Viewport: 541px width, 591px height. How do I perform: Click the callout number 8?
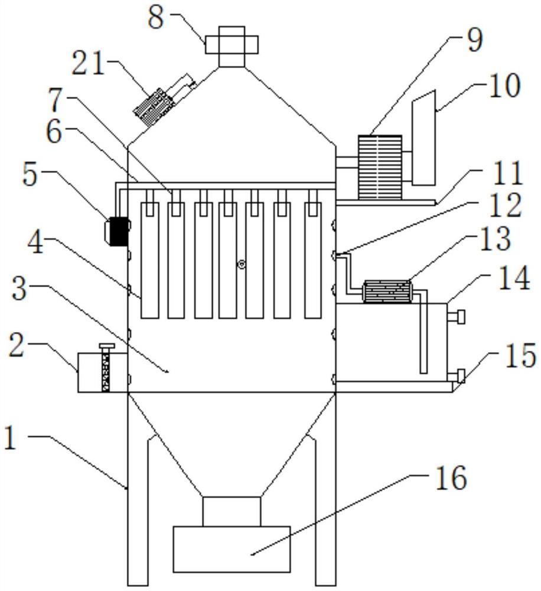pos(156,17)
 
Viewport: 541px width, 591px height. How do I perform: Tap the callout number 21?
pos(88,63)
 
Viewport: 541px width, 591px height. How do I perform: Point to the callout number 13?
pos(495,239)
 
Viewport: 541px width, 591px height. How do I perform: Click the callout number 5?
pos(30,176)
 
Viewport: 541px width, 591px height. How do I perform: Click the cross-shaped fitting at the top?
pos(232,46)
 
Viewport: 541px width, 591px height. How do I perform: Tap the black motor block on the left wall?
pos(118,232)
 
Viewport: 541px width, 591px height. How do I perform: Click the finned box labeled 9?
pos(380,167)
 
